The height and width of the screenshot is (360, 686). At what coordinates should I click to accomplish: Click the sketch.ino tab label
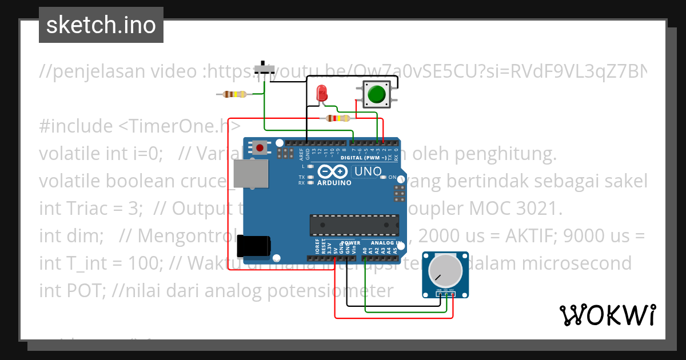pos(101,25)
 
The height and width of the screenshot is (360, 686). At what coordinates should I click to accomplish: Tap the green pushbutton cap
pos(376,94)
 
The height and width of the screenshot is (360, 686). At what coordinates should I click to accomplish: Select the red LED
pos(322,93)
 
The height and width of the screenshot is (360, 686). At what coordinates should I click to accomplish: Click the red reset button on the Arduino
pos(261,148)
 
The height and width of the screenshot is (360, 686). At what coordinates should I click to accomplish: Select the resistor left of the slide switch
pos(234,94)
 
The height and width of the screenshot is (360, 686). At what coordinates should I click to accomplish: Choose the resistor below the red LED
pos(337,118)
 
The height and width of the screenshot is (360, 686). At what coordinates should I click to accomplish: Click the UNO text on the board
pos(368,171)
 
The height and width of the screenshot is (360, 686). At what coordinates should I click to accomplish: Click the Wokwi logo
pos(607,315)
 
